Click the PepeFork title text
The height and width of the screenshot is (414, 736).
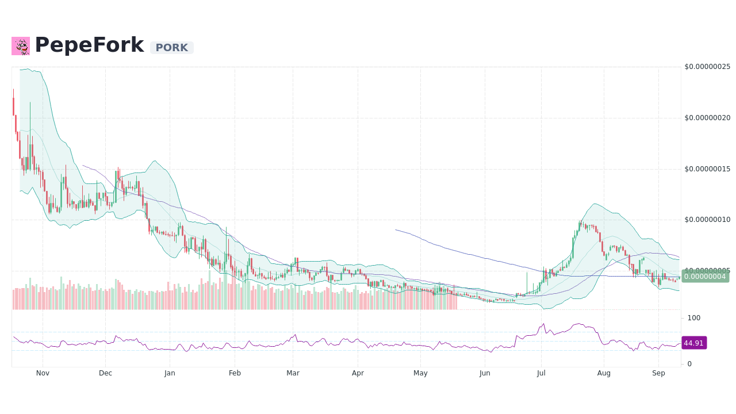coord(89,45)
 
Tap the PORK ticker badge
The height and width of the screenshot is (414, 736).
coord(171,48)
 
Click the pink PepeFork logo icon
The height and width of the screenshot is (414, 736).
coord(21,46)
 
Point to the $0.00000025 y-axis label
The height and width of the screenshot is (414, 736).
coord(707,67)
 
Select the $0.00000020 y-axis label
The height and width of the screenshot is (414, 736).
coord(707,118)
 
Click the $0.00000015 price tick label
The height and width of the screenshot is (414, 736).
coord(707,168)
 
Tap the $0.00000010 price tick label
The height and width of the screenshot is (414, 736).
coord(707,220)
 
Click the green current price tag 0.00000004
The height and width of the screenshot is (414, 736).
coord(705,276)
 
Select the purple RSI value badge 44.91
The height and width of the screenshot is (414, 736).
coord(693,343)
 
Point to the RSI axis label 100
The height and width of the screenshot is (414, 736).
coord(693,318)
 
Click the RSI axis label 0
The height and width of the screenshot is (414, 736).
coord(689,364)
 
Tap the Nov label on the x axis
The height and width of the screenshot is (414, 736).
coord(43,373)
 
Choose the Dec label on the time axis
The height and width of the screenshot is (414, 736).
coord(105,373)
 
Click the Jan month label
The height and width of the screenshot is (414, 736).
coord(170,373)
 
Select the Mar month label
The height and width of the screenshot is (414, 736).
coord(293,373)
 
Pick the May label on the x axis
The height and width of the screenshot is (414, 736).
coord(420,373)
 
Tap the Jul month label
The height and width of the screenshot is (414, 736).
coord(541,373)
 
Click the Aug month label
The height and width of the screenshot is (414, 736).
coord(604,373)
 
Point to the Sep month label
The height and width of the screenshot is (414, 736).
coord(658,373)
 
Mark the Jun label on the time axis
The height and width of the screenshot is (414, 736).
coord(485,373)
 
